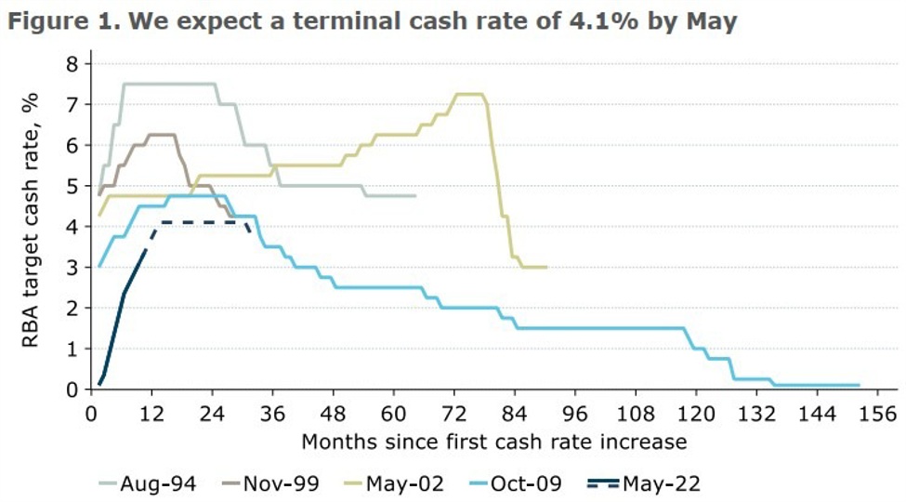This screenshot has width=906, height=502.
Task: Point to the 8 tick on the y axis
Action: (x=72, y=63)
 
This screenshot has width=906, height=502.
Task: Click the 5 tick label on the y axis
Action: (x=72, y=186)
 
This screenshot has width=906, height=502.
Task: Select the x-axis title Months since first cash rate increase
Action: (x=493, y=440)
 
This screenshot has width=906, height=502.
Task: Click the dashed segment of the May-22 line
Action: (x=200, y=222)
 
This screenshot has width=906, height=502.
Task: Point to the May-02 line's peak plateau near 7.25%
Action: (x=468, y=94)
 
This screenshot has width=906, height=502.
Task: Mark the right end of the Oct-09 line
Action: (x=859, y=385)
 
